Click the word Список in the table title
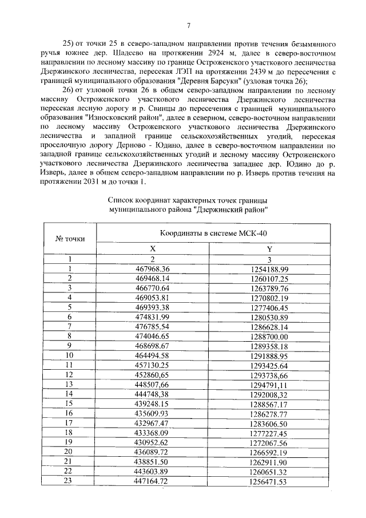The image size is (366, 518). tap(122, 200)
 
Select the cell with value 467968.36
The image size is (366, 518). tap(153, 268)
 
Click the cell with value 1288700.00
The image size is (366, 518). tap(269, 335)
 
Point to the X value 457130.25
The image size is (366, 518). tap(153, 365)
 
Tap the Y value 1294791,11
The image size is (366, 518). tap(269, 383)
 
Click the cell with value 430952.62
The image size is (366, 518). tap(153, 442)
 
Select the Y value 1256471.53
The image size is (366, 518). tap(269, 481)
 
